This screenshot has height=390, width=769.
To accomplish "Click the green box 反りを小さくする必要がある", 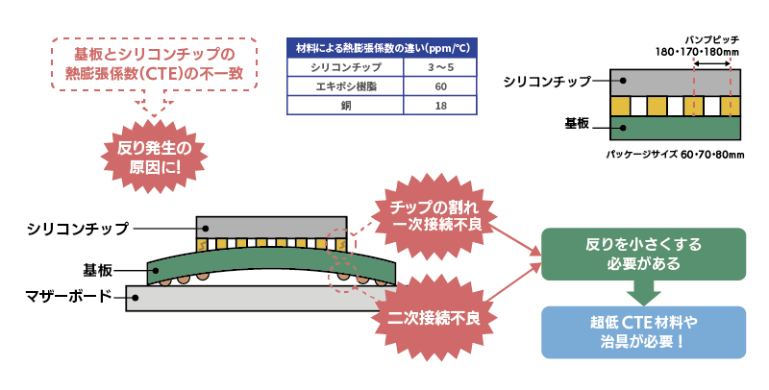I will coord(643,254).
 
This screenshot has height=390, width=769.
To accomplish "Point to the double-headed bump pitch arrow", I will coord(711,64).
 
